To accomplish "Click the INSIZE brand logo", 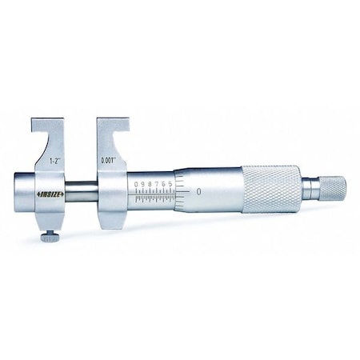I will point(47,195).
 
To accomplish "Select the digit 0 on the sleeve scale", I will point(137,185).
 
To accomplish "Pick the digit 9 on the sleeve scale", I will point(143,185).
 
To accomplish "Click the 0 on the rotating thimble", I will point(198,194).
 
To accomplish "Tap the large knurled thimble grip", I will point(272,190).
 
